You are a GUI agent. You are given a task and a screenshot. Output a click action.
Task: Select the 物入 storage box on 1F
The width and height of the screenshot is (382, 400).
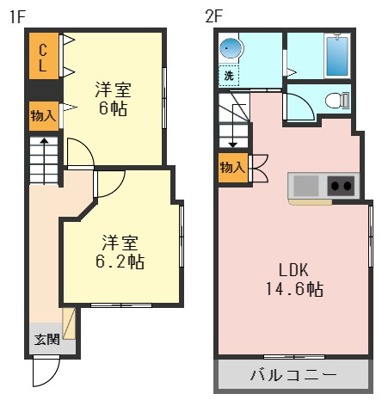43,114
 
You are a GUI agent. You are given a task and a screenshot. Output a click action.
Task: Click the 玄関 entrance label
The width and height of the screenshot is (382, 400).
46,339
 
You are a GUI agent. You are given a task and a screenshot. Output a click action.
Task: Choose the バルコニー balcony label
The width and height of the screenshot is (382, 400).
293,376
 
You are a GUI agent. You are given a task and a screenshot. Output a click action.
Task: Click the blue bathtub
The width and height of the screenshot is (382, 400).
336,57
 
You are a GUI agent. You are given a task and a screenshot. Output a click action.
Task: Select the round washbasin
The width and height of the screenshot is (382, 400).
230,48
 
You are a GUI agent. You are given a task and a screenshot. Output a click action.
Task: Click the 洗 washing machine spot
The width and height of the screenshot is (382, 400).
229,76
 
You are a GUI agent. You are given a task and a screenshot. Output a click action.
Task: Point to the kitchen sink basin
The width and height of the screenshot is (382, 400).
305,185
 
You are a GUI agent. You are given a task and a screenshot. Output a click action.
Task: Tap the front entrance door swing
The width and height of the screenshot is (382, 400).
46,372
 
